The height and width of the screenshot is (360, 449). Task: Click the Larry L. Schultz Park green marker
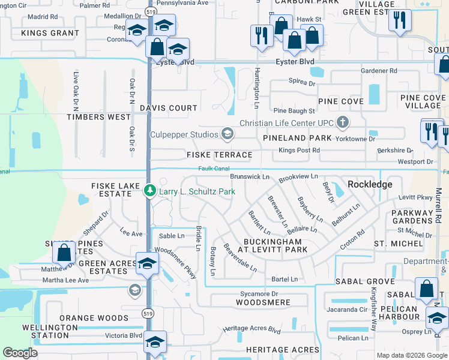pos(149,191)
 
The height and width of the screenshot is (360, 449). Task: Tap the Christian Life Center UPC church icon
pos(343,123)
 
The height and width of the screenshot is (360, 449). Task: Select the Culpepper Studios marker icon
pos(227,134)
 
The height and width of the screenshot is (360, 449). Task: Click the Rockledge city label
pos(370,184)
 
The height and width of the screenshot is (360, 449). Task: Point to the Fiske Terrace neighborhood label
pos(220,155)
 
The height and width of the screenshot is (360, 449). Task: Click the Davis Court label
pos(169,108)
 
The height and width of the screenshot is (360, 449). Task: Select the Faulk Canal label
pos(214,169)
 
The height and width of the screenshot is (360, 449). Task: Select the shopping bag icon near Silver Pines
pos(64,254)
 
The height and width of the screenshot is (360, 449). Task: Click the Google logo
pos(20,353)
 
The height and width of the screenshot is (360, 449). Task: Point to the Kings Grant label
pos(50,33)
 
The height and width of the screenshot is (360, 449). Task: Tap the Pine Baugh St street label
pos(294,111)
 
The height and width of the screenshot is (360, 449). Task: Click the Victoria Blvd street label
pos(123,335)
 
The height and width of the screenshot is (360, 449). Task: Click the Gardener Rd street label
pos(379,71)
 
